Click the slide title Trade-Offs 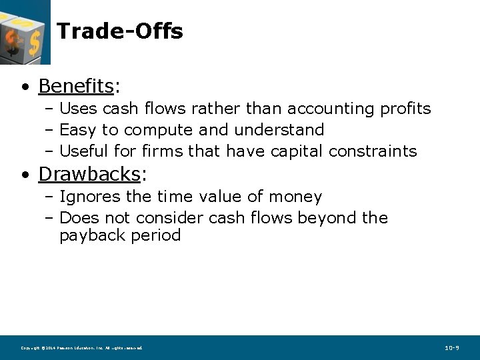120,31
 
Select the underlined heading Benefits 76,86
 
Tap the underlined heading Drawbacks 90,174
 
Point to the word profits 406,109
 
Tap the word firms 163,151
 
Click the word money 295,197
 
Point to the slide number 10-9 452,348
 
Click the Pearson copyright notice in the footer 81,348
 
